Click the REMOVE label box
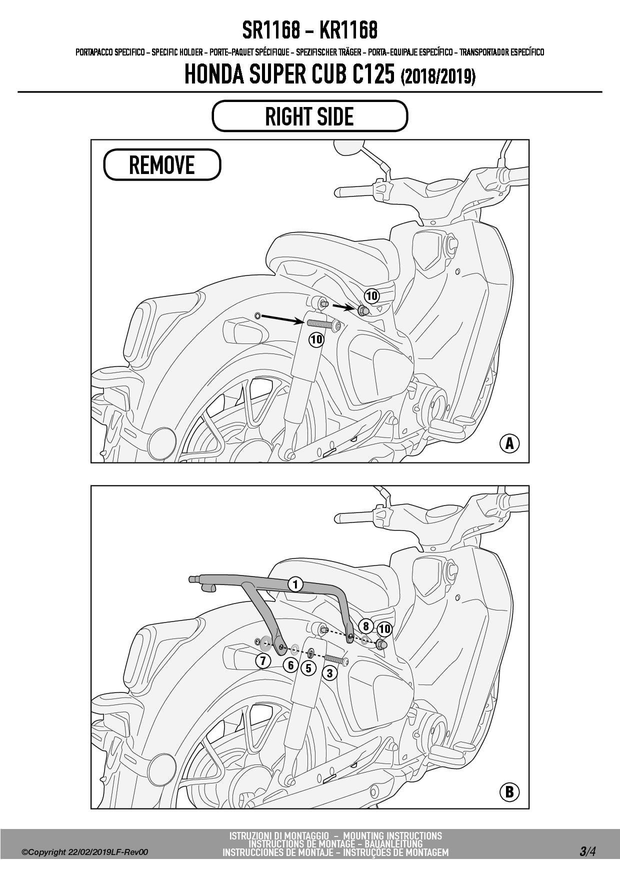coord(162,164)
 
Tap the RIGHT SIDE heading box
coord(310,116)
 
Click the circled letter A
coord(509,443)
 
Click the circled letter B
coord(509,792)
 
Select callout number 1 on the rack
coord(295,584)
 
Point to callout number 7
coord(263,661)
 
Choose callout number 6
coord(290,665)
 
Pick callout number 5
coord(308,668)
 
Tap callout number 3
coord(329,673)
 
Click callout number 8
coord(366,626)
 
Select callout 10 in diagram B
coord(384,628)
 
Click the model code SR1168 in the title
coord(271,31)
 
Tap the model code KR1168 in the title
coord(348,31)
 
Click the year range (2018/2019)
coord(438,77)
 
